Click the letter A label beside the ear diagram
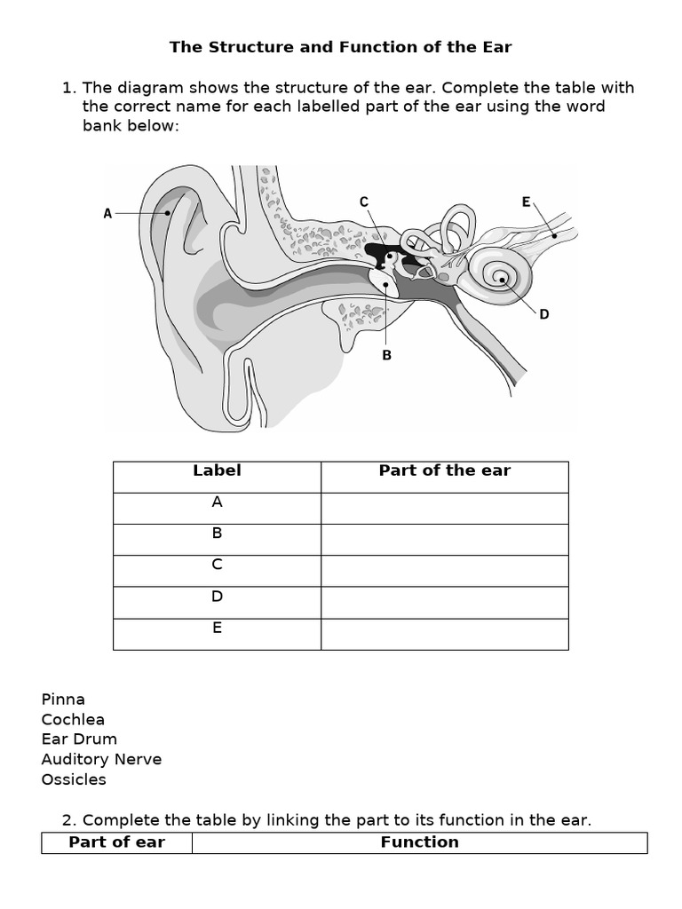pos(107,213)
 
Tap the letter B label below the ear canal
pos(386,355)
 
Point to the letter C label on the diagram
pos(363,202)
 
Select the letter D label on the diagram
pos(544,314)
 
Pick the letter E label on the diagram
pos(526,202)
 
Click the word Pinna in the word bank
pos(63,699)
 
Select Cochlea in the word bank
pos(73,719)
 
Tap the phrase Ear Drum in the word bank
pos(79,739)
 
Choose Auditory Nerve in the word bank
pos(101,759)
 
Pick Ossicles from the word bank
pos(74,779)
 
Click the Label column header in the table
pos(217,470)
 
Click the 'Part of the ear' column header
pos(444,470)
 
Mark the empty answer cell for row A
pos(444,509)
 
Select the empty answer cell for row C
pos(444,571)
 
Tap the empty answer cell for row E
pos(444,634)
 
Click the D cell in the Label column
pos(217,597)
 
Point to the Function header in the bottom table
pos(419,842)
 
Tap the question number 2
pos(67,820)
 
